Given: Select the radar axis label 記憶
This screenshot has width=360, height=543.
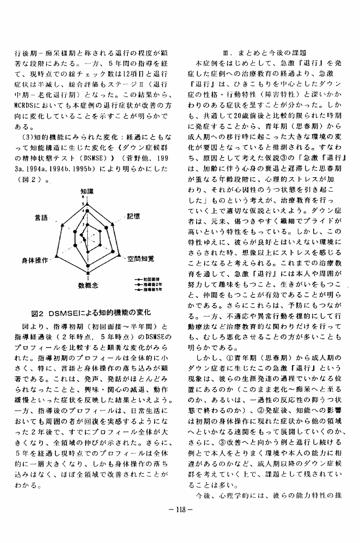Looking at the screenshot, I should (133, 216).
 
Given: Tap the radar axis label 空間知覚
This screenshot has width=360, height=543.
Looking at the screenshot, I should (141, 259).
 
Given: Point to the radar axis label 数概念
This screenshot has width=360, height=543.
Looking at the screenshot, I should (88, 285).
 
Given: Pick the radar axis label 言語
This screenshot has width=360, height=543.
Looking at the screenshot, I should (41, 218).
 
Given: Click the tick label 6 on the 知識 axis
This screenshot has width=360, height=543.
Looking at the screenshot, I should (84, 197).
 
